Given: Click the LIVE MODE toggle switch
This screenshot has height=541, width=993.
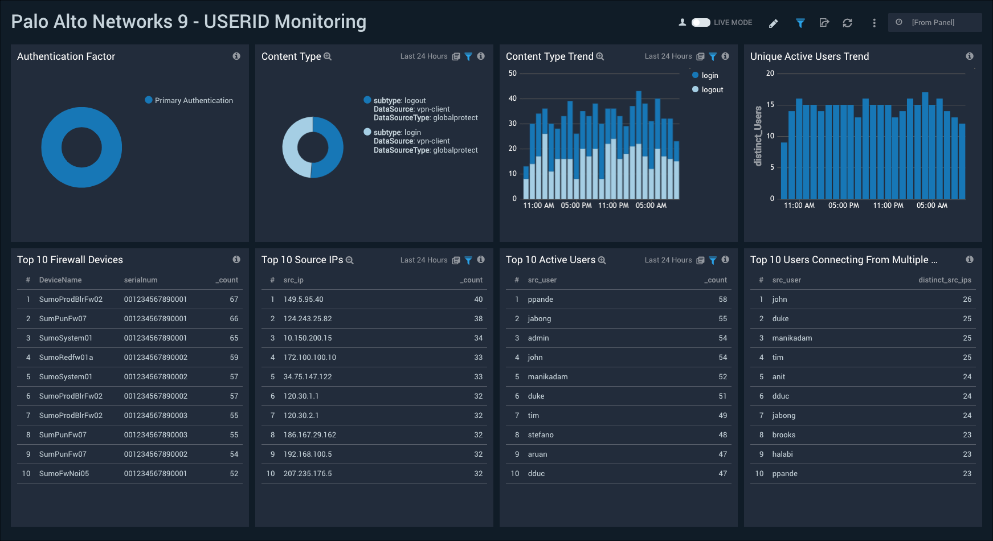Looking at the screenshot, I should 701,23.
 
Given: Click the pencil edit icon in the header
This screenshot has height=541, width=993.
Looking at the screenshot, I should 773,23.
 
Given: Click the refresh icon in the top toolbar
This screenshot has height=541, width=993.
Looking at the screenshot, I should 847,23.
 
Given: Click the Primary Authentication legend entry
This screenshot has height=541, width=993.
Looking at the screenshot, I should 193,100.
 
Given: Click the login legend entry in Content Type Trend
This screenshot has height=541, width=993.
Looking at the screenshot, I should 709,75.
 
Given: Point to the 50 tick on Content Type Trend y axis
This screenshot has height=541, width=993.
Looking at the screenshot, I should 513,73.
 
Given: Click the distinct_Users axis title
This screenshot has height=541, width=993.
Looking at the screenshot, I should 758,136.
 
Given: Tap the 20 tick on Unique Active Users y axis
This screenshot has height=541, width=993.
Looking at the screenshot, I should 770,73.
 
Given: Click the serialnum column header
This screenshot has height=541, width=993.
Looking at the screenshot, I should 141,280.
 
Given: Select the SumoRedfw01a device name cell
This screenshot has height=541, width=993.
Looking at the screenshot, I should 66,358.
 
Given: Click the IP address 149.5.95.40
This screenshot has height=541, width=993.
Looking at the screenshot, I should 303,300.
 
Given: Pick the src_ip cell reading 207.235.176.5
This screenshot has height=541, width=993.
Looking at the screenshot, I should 308,474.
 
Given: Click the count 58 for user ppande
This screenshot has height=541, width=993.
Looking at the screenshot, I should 722,300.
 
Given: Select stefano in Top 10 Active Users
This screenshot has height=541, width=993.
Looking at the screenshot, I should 541,435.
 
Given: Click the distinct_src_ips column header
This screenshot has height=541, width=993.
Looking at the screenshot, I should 945,280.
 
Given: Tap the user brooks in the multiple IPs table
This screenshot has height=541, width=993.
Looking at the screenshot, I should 783,435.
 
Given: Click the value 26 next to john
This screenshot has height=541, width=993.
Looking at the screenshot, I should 967,300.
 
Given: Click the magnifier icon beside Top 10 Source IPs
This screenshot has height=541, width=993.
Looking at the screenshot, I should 350,260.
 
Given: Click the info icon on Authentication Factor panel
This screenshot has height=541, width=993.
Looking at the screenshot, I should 236,56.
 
